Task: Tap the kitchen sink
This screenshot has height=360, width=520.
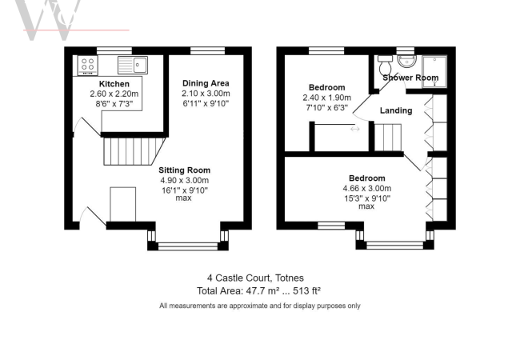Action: pyautogui.click(x=133, y=64)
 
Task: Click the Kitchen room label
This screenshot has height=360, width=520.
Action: pyautogui.click(x=114, y=83)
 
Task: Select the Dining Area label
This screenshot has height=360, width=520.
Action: pyautogui.click(x=205, y=83)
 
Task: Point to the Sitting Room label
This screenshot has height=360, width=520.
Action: pyautogui.click(x=184, y=170)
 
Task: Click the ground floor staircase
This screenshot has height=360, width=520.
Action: pyautogui.click(x=132, y=150)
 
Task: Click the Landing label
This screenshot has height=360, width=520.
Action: pyautogui.click(x=396, y=110)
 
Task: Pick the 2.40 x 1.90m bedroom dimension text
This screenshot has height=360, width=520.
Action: pyautogui.click(x=326, y=98)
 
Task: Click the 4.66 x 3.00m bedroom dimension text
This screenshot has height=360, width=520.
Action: pyautogui.click(x=366, y=188)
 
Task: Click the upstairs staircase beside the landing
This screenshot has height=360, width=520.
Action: pyautogui.click(x=389, y=138)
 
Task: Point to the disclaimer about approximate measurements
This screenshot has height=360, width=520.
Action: pyautogui.click(x=259, y=306)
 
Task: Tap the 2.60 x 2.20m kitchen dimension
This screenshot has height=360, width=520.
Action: pyautogui.click(x=114, y=94)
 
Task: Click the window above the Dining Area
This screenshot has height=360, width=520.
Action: pyautogui.click(x=202, y=50)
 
